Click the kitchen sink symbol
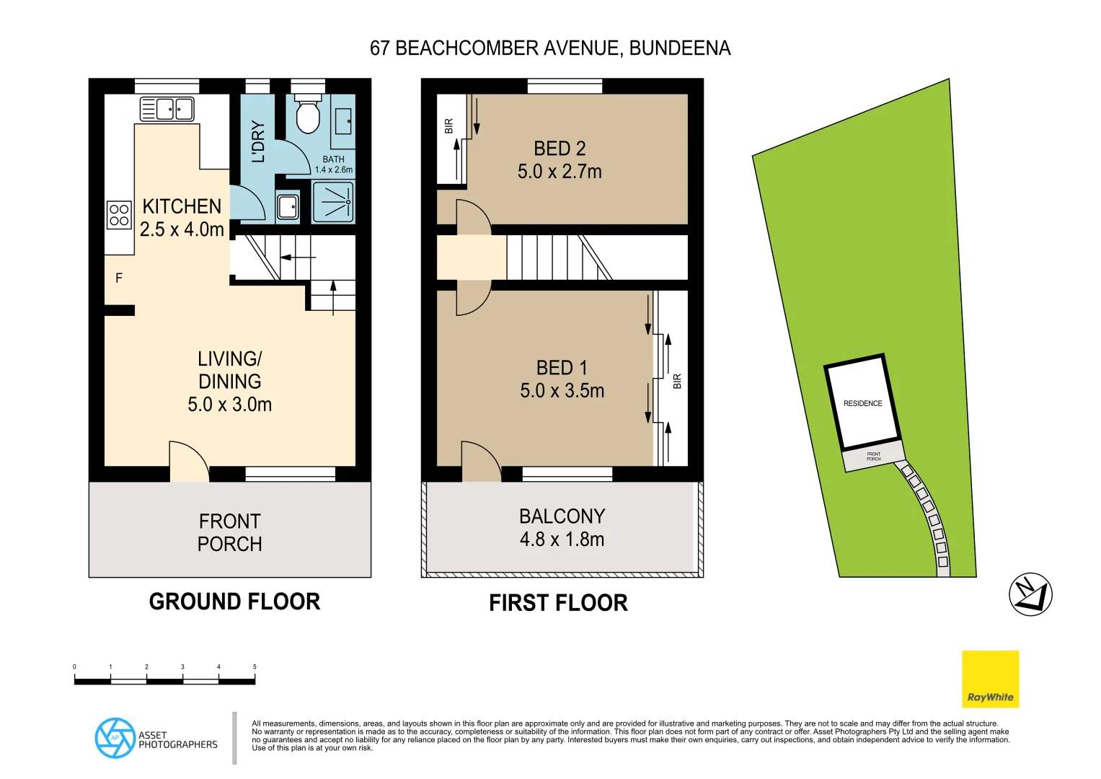[x=167, y=110]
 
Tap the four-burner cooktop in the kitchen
[x=119, y=215]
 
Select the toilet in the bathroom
[x=308, y=115]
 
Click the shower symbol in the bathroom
[x=332, y=202]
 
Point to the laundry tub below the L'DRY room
[x=288, y=206]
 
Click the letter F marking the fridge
[x=119, y=278]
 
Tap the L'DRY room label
[x=257, y=141]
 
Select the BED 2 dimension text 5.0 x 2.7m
[x=560, y=172]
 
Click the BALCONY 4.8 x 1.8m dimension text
[x=562, y=540]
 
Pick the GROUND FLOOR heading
[x=234, y=602]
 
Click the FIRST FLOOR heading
[x=558, y=603]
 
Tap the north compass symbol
[x=1030, y=594]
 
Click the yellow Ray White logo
[x=990, y=679]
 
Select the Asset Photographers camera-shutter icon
[x=115, y=738]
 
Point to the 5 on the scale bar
[x=255, y=667]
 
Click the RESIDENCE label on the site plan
[x=862, y=404]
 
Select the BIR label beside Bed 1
[x=677, y=382]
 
